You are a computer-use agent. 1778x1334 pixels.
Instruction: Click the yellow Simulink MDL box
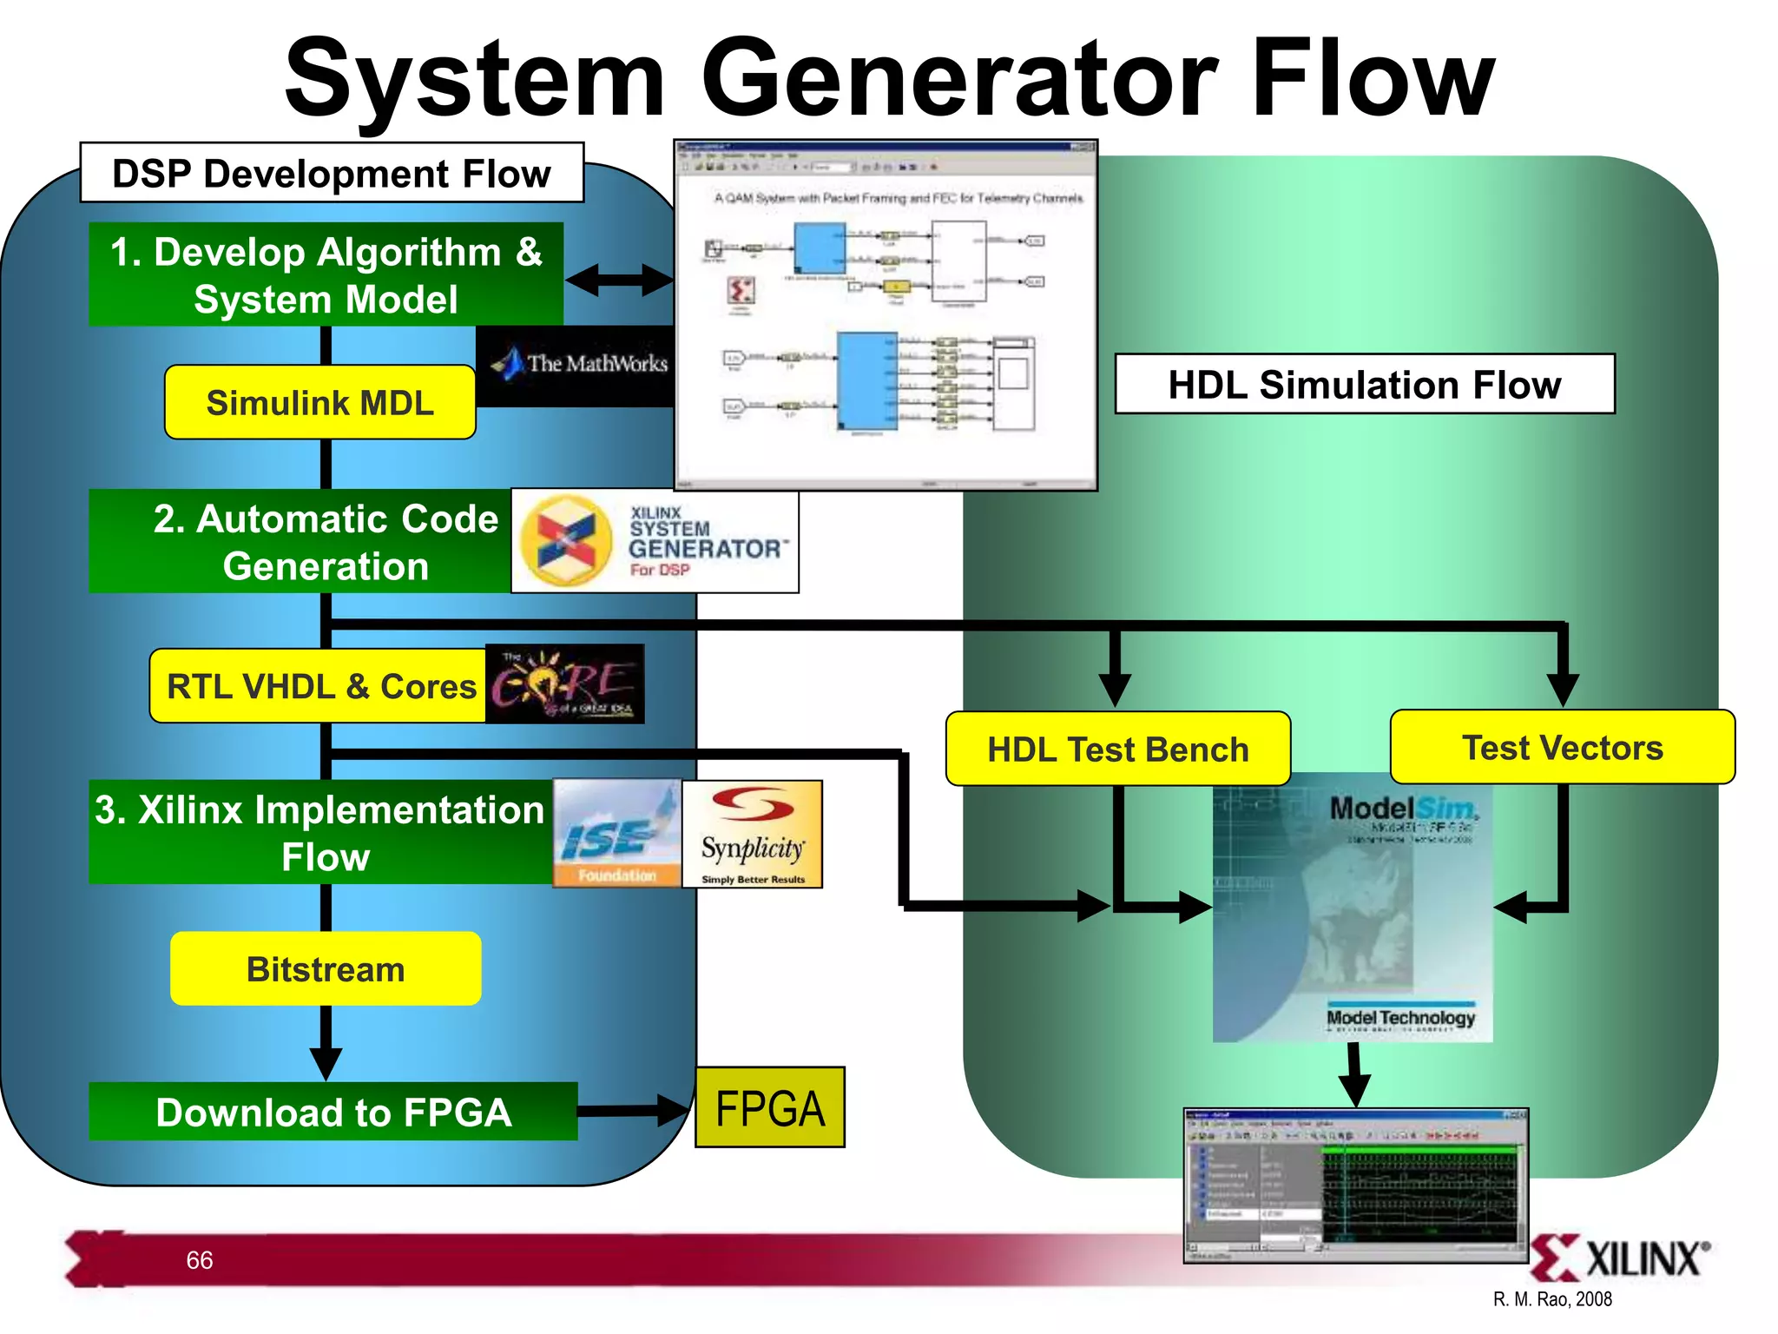click(x=319, y=403)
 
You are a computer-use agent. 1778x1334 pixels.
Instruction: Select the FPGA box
click(x=769, y=1108)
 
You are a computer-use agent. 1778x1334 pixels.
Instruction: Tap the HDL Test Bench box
click(x=1117, y=749)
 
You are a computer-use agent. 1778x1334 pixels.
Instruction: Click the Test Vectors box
click(x=1562, y=747)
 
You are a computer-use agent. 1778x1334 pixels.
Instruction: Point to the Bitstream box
click(x=326, y=969)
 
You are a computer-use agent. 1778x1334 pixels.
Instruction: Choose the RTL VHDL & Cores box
click(x=319, y=686)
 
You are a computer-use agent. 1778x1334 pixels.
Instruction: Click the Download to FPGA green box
click(x=333, y=1112)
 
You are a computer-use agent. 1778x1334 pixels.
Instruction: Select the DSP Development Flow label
click(x=332, y=173)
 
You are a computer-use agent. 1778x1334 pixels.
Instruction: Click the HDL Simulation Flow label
click(x=1364, y=384)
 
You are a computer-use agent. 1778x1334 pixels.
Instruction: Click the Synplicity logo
click(x=752, y=834)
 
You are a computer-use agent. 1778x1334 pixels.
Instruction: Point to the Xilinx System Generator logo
click(x=655, y=541)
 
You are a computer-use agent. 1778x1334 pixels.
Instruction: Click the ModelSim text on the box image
click(x=1402, y=808)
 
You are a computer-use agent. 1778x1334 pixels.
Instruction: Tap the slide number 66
click(x=199, y=1260)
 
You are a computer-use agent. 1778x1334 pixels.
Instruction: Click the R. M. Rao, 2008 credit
click(x=1552, y=1299)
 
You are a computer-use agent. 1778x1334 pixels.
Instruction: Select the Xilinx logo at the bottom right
click(x=1618, y=1258)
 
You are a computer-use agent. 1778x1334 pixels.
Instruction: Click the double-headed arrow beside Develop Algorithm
click(x=619, y=280)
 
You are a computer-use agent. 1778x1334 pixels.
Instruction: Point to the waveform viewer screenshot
click(x=1355, y=1185)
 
